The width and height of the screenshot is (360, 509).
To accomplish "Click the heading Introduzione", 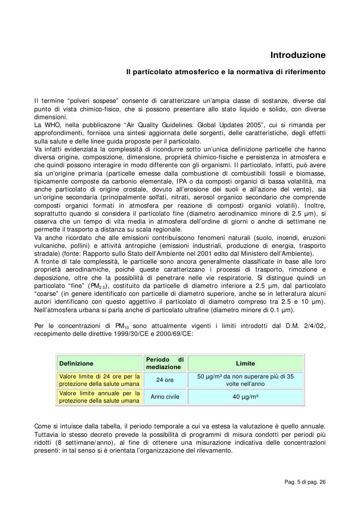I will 297,53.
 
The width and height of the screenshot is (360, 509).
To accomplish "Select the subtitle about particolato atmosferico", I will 225,72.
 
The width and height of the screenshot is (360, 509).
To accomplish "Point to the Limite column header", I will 245,364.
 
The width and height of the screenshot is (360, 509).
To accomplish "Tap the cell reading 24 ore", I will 165,380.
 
